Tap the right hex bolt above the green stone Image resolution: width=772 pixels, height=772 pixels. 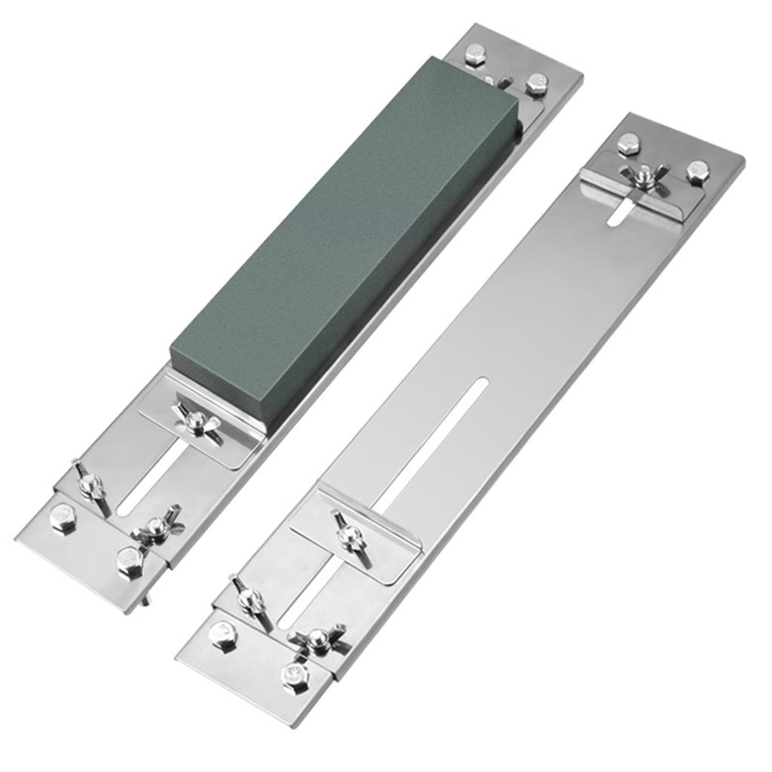click(537, 84)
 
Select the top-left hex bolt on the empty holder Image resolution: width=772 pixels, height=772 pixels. click(628, 143)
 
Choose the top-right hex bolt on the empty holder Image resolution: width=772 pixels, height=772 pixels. click(697, 173)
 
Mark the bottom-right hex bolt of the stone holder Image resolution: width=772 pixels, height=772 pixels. click(130, 562)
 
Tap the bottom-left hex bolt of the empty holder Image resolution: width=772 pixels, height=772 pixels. click(222, 635)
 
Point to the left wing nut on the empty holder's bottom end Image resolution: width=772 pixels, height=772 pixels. click(250, 599)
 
